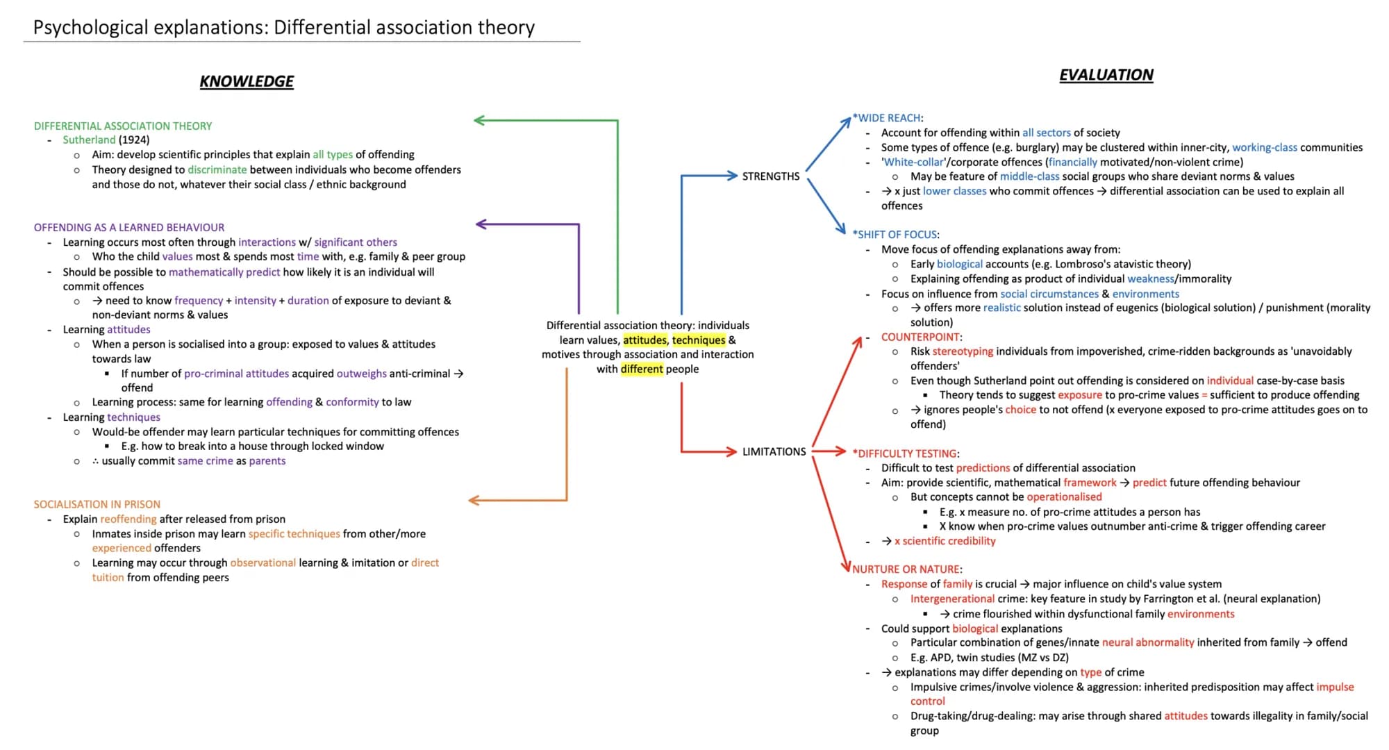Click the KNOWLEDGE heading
pyautogui.click(x=247, y=81)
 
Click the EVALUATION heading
pyautogui.click(x=1106, y=75)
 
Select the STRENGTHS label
pyautogui.click(x=771, y=176)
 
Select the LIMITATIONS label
pyautogui.click(x=774, y=451)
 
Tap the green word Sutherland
pyautogui.click(x=89, y=140)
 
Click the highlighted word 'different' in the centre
pyautogui.click(x=642, y=369)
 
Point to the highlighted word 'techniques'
pyautogui.click(x=699, y=340)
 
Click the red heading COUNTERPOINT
pyautogui.click(x=920, y=337)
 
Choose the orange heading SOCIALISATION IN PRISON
pyautogui.click(x=97, y=504)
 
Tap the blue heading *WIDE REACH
pyautogui.click(x=887, y=118)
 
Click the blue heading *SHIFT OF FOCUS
pyautogui.click(x=895, y=235)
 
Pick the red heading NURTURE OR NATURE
pyautogui.click(x=906, y=569)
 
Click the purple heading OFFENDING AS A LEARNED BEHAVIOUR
pyautogui.click(x=129, y=227)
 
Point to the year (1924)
pyautogui.click(x=134, y=140)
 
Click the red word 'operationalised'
pyautogui.click(x=1064, y=497)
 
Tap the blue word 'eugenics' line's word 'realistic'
pyautogui.click(x=1001, y=308)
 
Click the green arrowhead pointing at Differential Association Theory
pyautogui.click(x=479, y=120)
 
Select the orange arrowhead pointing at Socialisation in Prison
pyautogui.click(x=474, y=500)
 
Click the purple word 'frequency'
pyautogui.click(x=199, y=301)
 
